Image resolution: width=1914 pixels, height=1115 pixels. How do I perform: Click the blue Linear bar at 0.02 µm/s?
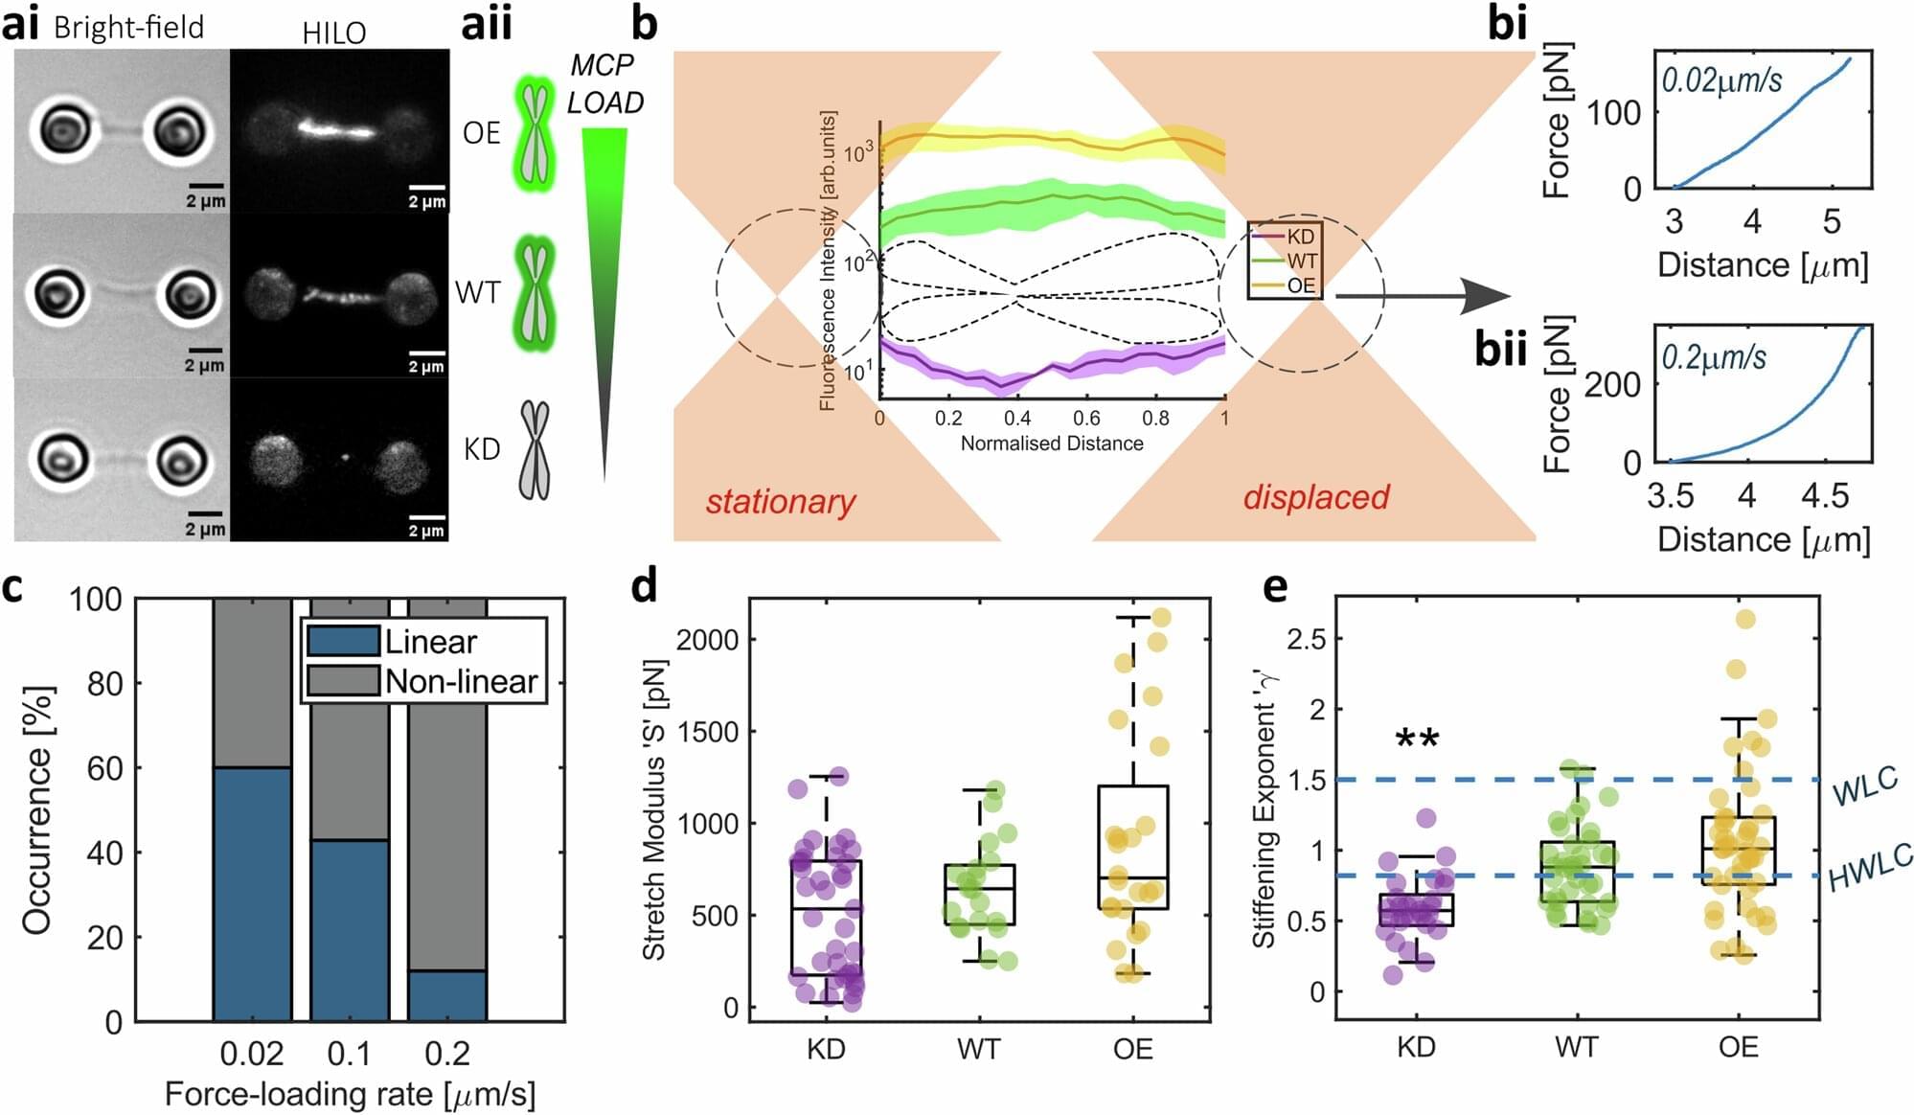(x=252, y=893)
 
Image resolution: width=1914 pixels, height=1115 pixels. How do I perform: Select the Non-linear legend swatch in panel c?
(x=342, y=681)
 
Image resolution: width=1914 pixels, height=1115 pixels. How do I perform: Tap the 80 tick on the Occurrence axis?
(x=105, y=684)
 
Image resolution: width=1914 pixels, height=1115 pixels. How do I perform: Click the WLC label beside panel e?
(x=1864, y=786)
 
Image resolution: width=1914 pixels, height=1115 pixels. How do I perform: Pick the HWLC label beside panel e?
(x=1869, y=868)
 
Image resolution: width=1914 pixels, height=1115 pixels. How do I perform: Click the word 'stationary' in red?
(x=781, y=501)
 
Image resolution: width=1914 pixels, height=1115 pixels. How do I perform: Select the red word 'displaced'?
(x=1316, y=497)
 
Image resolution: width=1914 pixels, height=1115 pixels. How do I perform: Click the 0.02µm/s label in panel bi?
(x=1721, y=80)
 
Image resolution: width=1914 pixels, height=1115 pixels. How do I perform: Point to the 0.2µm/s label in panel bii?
(x=1714, y=357)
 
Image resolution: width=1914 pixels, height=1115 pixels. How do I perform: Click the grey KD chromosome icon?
(x=535, y=450)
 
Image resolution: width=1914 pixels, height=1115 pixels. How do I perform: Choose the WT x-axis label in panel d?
(x=978, y=1049)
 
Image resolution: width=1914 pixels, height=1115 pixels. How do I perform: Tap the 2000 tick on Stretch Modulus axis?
(x=707, y=640)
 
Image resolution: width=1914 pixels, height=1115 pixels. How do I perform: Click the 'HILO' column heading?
(x=333, y=34)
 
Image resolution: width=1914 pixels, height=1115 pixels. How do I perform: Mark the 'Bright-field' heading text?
(x=128, y=27)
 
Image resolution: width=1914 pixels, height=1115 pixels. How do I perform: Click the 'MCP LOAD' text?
(x=604, y=83)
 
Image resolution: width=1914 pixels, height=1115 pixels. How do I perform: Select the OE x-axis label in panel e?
(x=1738, y=1047)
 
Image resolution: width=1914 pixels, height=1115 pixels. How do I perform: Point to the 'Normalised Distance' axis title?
(x=1052, y=444)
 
